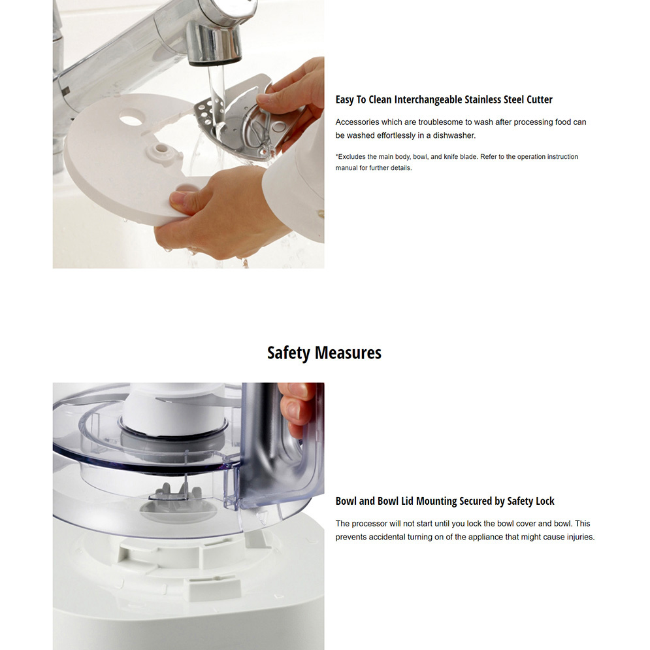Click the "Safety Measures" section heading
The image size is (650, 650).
(324, 353)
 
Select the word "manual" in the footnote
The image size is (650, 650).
(347, 168)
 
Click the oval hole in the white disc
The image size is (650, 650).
(132, 120)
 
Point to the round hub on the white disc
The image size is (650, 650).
(159, 152)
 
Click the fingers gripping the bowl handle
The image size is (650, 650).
(295, 405)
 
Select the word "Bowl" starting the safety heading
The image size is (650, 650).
(346, 502)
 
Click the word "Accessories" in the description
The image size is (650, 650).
(357, 122)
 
